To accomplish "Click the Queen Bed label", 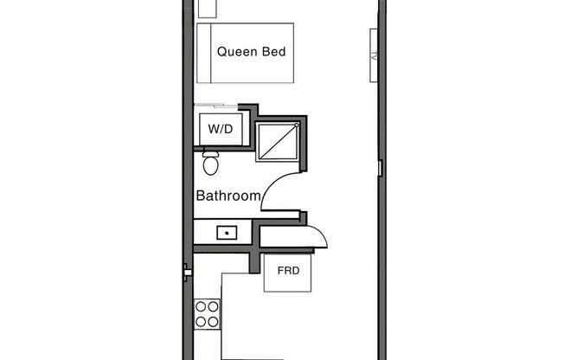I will [251, 52].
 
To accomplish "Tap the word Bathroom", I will [228, 196].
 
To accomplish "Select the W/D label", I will [221, 129].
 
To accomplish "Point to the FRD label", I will [288, 271].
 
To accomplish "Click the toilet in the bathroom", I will [210, 164].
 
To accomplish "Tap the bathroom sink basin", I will [228, 232].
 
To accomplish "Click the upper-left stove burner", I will [202, 306].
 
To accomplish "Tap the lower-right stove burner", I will [213, 321].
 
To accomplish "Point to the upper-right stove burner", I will [213, 306].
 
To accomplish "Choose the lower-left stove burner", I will [202, 321].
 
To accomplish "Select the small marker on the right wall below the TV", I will [380, 166].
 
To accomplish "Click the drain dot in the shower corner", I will [297, 126].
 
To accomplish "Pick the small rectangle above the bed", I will [206, 9].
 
